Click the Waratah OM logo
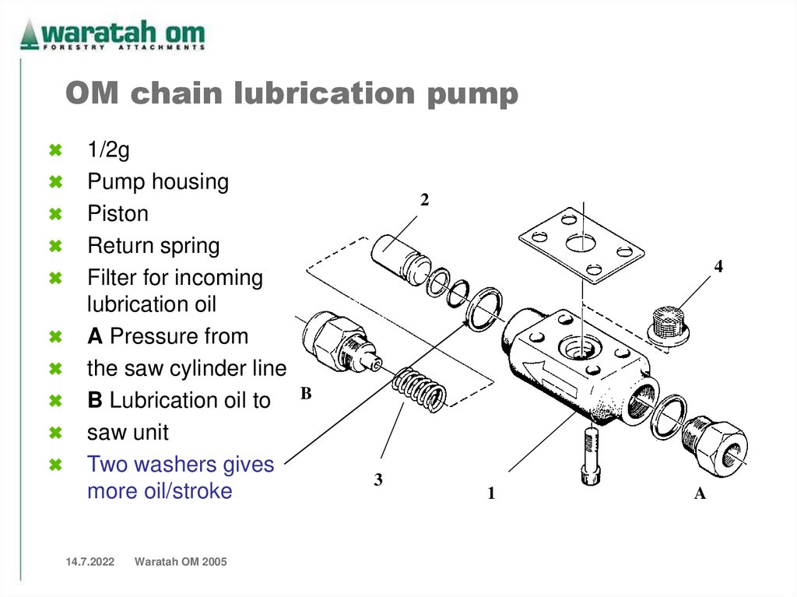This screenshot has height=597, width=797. [113, 35]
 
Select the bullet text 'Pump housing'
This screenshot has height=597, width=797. [157, 182]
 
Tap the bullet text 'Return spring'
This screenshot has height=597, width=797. [153, 246]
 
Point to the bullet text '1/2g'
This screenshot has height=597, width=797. [108, 150]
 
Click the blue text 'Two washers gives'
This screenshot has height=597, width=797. [181, 465]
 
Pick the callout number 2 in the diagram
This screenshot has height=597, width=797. [424, 200]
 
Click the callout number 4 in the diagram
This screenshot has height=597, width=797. [718, 266]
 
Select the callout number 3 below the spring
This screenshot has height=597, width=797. [378, 480]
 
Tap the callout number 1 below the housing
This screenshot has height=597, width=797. [491, 493]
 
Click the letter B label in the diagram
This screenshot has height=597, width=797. [306, 395]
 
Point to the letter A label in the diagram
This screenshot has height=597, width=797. [700, 493]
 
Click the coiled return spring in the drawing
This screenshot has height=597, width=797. [419, 389]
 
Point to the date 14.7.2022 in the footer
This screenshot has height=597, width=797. [84, 562]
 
